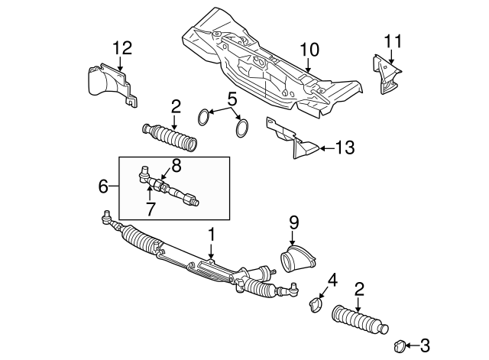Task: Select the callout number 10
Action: tap(309, 50)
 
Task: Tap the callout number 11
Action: tap(392, 41)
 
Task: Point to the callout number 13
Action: tap(345, 148)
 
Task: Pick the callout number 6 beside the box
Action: tap(104, 185)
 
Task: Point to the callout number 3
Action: tap(424, 345)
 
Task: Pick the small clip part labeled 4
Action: tap(314, 305)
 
